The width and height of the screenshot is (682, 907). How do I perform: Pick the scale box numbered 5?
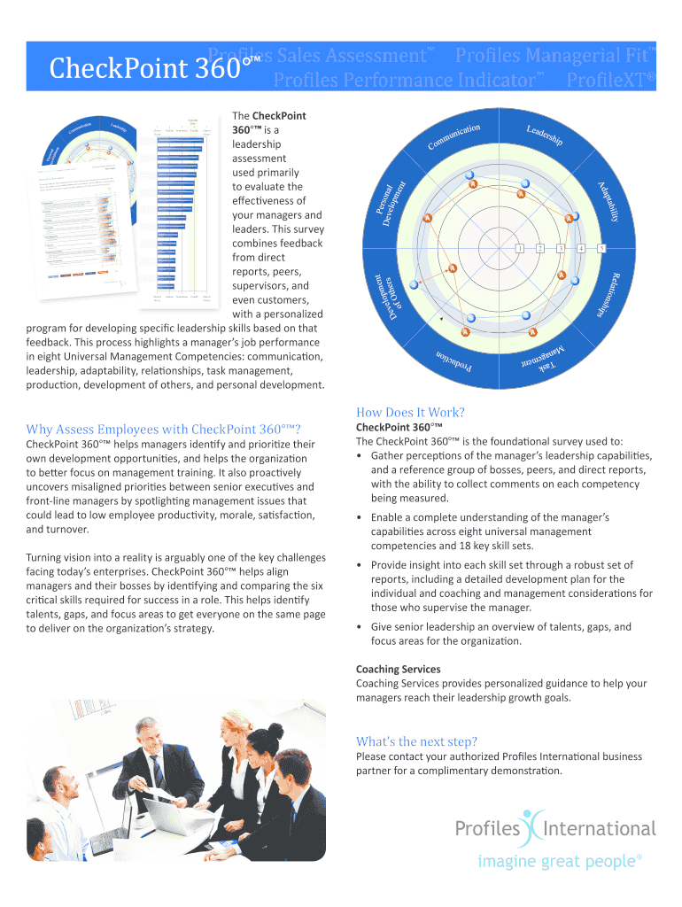tap(601, 247)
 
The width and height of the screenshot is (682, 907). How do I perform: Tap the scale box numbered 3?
tap(560, 247)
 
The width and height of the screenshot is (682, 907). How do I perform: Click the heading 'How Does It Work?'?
tap(410, 412)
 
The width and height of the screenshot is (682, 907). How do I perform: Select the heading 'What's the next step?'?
tap(416, 741)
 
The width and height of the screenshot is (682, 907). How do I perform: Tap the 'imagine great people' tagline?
tap(560, 861)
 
